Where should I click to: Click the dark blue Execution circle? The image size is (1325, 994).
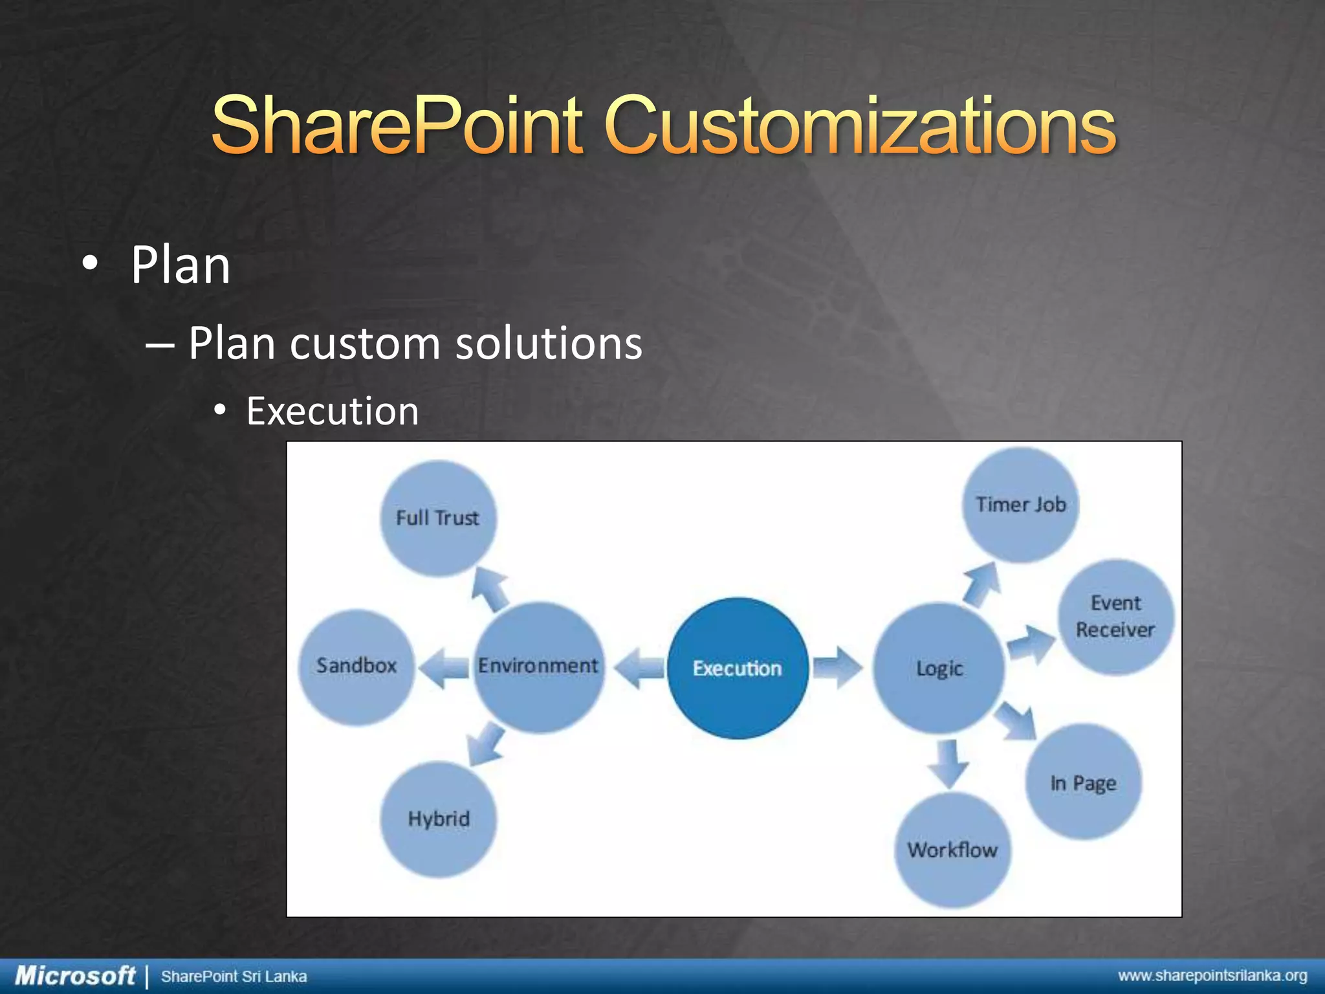(x=738, y=668)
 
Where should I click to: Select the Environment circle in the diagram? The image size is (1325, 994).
(x=538, y=667)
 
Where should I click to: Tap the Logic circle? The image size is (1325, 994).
(x=939, y=668)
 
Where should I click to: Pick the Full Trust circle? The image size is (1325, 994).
(x=438, y=518)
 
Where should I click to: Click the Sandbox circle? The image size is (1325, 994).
(x=356, y=667)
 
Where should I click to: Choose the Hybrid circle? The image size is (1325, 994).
(x=439, y=819)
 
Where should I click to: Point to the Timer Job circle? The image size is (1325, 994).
(x=1020, y=505)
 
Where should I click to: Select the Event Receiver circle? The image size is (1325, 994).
(x=1115, y=617)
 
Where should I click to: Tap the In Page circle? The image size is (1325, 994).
(x=1083, y=783)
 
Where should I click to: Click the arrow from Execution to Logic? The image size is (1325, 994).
(x=837, y=667)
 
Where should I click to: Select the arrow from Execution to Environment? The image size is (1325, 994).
(x=639, y=668)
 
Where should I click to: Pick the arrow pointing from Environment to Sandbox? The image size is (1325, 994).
(x=444, y=668)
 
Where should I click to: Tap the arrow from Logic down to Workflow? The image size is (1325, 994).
(x=948, y=764)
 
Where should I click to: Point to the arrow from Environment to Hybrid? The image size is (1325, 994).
(x=486, y=744)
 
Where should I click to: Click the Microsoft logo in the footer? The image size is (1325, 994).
(x=74, y=976)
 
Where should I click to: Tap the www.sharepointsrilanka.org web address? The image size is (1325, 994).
(x=1212, y=976)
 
